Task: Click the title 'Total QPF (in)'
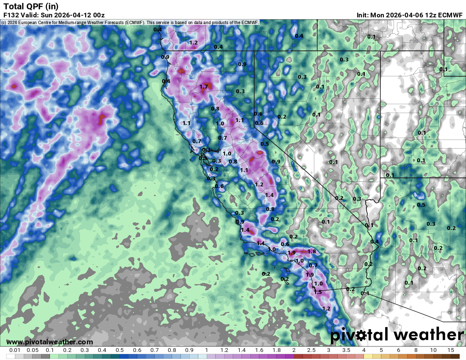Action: click(31, 6)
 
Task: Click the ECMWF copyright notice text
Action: click(130, 22)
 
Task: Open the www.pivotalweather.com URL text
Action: click(50, 342)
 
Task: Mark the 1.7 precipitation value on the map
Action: click(203, 87)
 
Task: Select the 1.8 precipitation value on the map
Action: click(312, 252)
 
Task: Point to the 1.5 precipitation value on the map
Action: click(318, 292)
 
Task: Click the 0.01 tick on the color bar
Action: click(15, 350)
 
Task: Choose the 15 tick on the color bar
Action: click(450, 350)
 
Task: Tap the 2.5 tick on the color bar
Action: click(311, 350)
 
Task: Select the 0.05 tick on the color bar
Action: click(33, 350)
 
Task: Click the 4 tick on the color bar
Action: click(363, 350)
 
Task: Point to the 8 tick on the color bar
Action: click(416, 350)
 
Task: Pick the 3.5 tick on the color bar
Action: click(346, 350)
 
